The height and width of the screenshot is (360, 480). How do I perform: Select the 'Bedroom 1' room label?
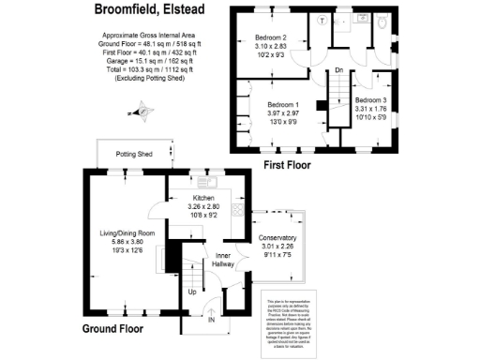click(283, 104)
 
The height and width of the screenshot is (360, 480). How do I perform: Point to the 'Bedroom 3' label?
click(372, 99)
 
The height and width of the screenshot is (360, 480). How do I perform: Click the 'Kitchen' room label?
click(204, 198)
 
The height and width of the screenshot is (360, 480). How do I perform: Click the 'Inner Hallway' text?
click(223, 260)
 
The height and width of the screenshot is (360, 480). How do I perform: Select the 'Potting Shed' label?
click(133, 152)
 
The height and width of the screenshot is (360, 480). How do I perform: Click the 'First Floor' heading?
click(287, 165)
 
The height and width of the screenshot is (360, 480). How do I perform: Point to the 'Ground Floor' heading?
click(113, 329)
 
